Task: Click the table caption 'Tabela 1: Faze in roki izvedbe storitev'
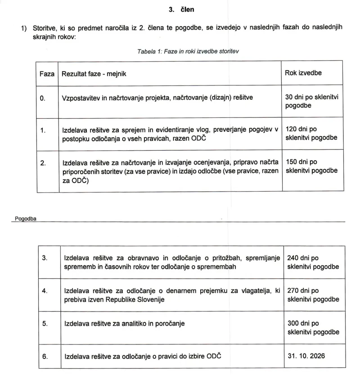(188, 51)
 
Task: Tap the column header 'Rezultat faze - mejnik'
(94, 73)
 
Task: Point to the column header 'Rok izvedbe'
(303, 73)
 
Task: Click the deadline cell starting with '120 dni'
(311, 134)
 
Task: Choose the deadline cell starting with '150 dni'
(311, 166)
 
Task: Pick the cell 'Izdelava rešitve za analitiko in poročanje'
(125, 323)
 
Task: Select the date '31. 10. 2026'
(306, 356)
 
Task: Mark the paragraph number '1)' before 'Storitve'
(24, 28)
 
